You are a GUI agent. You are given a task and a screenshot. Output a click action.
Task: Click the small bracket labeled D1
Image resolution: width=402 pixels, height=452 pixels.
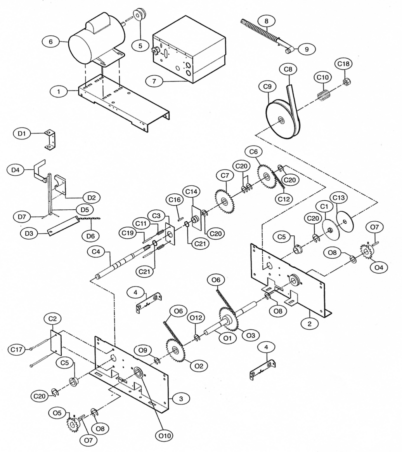[x=50, y=140]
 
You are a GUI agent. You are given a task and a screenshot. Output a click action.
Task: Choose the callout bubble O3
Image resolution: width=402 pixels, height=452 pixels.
[x=251, y=334]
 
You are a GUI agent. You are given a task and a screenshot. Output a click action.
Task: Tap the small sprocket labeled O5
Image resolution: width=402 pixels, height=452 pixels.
[x=72, y=422]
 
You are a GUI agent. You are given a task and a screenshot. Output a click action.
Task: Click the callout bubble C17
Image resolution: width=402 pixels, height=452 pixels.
[x=16, y=349]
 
